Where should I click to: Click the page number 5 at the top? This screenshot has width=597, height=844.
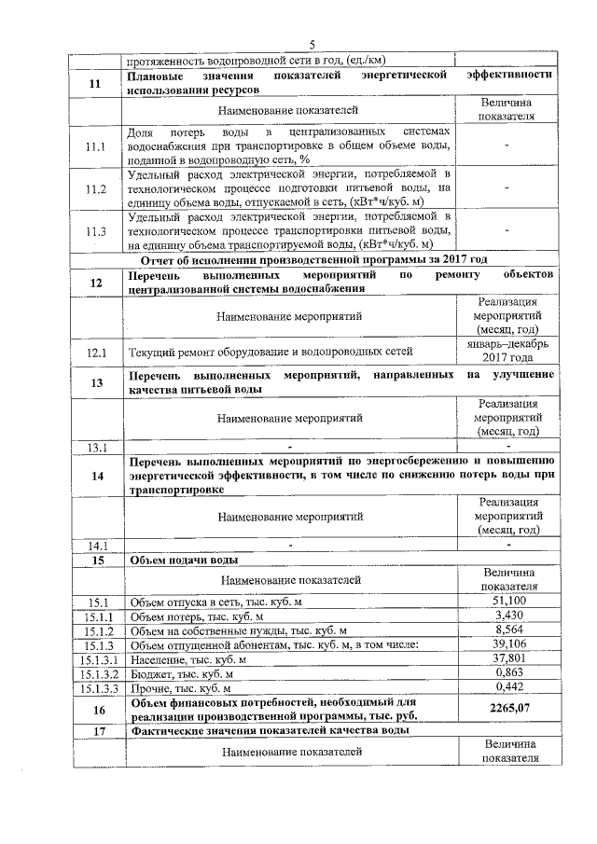pyautogui.click(x=312, y=45)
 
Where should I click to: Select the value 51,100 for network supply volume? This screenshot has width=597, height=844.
pyautogui.click(x=507, y=602)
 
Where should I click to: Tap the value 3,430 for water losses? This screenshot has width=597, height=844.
pyautogui.click(x=507, y=616)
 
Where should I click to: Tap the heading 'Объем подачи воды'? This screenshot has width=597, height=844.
pyautogui.click(x=184, y=560)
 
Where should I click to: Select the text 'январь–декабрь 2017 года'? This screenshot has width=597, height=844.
pyautogui.click(x=507, y=351)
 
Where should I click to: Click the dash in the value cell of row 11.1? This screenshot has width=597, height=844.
pyautogui.click(x=507, y=146)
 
